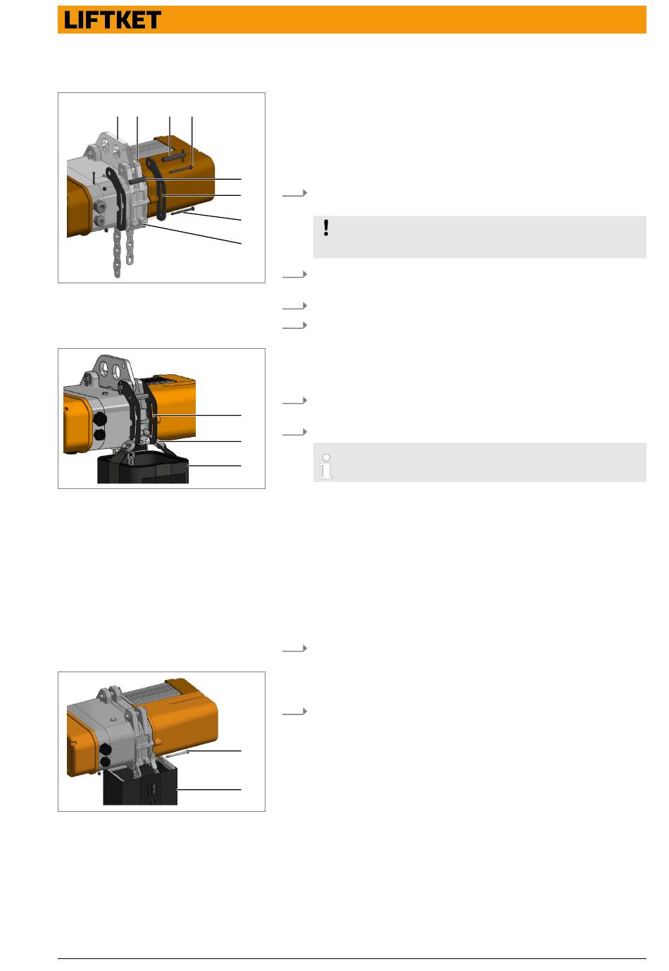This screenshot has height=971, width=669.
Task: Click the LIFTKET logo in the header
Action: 112,20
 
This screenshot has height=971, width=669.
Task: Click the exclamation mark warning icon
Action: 326,228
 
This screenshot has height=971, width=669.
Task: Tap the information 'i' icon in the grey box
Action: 326,466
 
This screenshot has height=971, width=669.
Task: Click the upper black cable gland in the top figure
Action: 100,205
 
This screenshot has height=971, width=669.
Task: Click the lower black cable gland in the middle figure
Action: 99,434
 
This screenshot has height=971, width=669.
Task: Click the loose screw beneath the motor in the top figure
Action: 182,211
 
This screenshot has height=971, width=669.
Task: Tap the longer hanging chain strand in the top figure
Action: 117,252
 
